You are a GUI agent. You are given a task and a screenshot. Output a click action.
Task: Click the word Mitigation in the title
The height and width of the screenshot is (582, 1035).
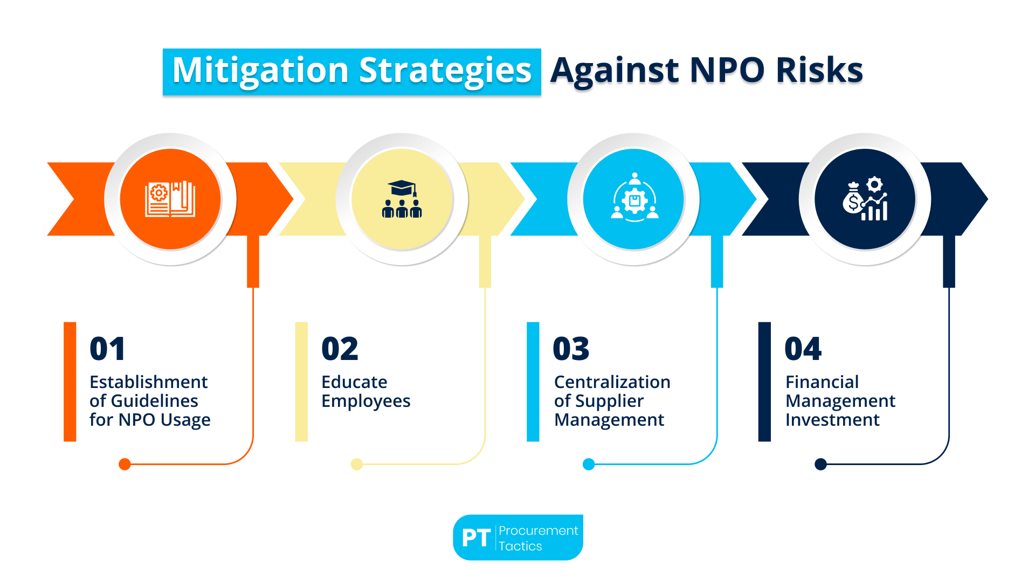260,71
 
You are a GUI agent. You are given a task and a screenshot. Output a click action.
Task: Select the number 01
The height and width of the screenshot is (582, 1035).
107,349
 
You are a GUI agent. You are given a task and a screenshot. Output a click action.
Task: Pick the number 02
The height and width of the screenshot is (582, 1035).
340,349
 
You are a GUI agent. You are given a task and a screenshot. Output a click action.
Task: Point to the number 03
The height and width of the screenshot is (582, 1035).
571,349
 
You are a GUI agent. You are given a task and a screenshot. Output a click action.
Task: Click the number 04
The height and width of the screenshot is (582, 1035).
803,349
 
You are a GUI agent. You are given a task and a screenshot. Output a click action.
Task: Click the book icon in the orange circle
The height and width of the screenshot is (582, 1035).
170,199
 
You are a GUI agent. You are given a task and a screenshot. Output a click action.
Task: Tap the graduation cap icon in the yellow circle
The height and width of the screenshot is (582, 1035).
402,199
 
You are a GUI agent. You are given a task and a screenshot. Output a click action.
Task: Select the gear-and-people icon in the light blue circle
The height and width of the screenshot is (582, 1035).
634,198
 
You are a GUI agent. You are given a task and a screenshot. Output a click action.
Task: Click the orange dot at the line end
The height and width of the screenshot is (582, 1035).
125,464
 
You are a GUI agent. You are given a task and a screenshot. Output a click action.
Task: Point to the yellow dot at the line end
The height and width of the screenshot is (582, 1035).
356,464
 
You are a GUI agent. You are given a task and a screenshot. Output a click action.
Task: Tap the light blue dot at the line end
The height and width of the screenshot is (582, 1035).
589,464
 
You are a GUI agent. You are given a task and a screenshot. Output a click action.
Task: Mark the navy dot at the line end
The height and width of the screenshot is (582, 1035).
820,464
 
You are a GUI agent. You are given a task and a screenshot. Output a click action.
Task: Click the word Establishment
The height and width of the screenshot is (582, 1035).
148,382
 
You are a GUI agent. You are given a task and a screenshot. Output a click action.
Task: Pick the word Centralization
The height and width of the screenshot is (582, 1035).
612,382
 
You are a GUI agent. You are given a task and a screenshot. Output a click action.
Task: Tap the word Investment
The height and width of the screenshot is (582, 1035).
832,420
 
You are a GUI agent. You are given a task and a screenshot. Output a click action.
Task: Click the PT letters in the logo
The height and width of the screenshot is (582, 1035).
476,538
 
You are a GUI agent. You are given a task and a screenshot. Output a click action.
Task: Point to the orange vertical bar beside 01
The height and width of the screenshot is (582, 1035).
70,382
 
